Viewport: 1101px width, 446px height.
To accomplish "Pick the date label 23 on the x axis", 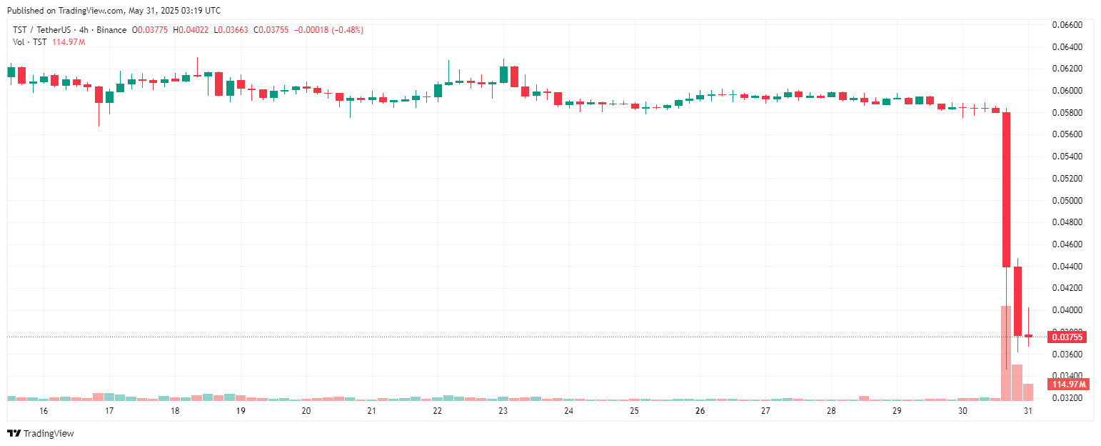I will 503,411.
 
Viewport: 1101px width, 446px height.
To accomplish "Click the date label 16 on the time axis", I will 44,411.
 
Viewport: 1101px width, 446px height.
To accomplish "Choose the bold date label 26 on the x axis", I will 700,411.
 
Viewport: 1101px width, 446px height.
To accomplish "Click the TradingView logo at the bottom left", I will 41,433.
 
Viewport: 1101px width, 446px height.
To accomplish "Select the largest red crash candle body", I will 1007,189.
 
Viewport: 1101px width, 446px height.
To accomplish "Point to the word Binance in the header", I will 112,30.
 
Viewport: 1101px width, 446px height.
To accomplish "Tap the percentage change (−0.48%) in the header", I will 345,30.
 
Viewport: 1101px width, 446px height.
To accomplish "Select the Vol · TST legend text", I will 30,42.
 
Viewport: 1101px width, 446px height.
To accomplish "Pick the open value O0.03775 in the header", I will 150,30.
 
